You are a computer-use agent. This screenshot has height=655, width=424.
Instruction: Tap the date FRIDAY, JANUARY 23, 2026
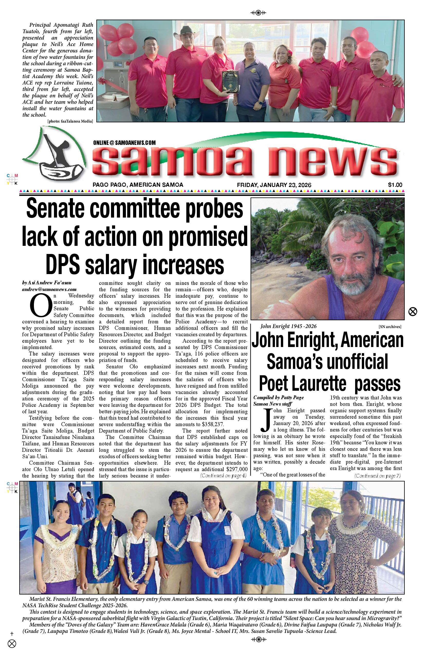click(x=274, y=185)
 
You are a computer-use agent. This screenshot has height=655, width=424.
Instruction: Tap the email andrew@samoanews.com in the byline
click(x=49, y=289)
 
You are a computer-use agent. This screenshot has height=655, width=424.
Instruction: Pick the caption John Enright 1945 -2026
click(x=288, y=326)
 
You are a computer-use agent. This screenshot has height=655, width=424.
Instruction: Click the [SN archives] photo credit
click(x=390, y=327)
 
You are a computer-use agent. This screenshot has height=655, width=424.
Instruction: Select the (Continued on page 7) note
click(x=377, y=475)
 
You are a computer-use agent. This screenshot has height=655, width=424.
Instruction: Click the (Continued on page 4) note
click(x=223, y=475)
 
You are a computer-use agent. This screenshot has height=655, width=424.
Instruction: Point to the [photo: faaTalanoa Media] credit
click(x=70, y=121)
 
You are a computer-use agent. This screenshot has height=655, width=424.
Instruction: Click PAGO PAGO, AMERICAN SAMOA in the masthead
click(x=138, y=185)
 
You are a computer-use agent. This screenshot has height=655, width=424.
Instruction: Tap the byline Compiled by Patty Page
click(x=278, y=397)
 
